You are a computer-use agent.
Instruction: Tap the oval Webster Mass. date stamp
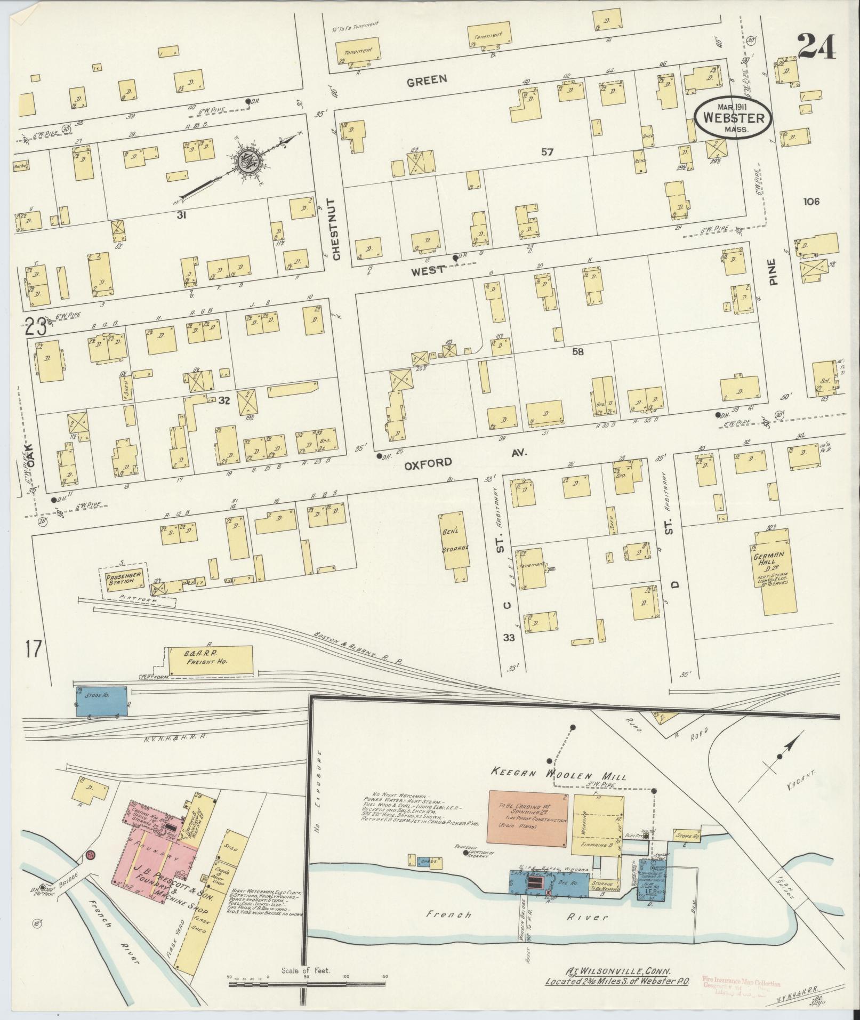pos(733,118)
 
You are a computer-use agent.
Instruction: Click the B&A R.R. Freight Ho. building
pos(210,661)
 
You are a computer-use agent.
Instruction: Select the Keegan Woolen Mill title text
pos(558,777)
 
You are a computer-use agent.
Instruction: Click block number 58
pos(577,352)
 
